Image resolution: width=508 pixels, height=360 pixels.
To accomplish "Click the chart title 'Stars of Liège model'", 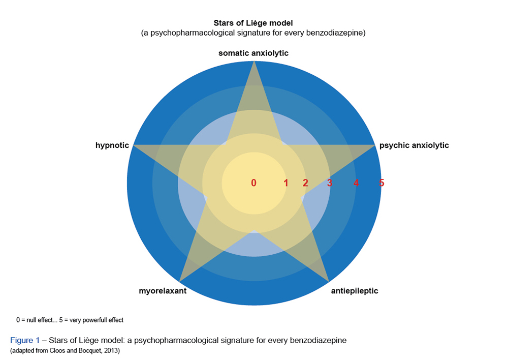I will tap(253, 23).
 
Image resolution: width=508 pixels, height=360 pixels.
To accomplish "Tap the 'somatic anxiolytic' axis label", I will tap(253, 53).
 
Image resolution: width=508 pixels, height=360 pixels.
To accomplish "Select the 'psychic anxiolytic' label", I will tap(414, 145).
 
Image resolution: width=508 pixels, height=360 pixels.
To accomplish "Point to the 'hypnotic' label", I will tap(112, 145).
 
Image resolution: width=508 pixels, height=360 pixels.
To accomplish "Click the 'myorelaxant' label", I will tap(163, 291).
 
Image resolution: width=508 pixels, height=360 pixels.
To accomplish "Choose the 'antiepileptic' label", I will tap(355, 291).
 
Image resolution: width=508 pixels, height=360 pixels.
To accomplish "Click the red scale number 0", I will tap(253, 183).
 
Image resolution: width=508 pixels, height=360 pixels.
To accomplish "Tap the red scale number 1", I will tap(286, 183).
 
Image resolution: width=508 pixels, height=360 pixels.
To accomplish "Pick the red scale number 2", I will tap(305, 183).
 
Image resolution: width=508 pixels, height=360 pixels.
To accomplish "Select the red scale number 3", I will tap(329, 183).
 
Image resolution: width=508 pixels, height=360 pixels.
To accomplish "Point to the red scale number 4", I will tap(356, 183).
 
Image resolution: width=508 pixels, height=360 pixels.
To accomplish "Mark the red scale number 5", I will tap(382, 183).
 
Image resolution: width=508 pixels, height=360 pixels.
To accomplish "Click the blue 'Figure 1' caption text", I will tap(24, 340).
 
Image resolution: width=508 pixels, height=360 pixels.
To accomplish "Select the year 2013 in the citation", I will tap(111, 351).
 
